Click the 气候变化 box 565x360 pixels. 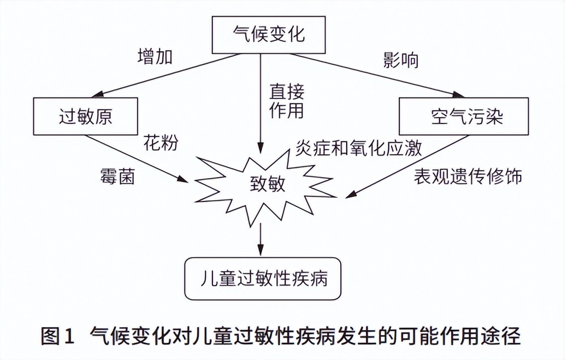coord(269,35)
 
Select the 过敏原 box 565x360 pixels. coord(85,116)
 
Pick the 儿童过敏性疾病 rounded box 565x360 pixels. coord(263,278)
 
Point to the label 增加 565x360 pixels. coord(155,57)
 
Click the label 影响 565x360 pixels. coord(401,60)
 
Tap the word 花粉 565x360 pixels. coord(161,142)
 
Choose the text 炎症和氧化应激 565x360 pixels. coord(359,148)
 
